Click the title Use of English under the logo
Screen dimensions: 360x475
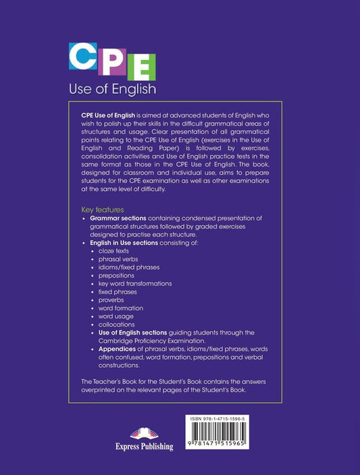pos(113,88)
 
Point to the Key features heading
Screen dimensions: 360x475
pos(103,210)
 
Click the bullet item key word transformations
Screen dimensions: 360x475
pos(135,284)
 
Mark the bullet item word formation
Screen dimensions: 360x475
pos(120,308)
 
